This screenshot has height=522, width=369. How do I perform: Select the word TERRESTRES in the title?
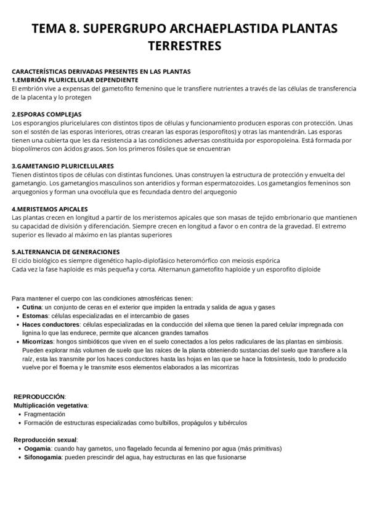[184, 46]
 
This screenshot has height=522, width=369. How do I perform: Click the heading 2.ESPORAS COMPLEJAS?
[46, 114]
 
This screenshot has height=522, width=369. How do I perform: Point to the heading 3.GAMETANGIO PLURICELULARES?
[62, 166]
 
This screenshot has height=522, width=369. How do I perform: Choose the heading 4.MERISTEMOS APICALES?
[49, 209]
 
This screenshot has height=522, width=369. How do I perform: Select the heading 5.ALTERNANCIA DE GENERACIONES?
[65, 252]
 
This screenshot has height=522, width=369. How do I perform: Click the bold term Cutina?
[32, 307]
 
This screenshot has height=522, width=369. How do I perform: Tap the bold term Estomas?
[35, 316]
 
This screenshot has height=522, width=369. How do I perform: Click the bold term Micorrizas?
[38, 342]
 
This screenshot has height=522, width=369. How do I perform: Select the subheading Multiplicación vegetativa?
[51, 406]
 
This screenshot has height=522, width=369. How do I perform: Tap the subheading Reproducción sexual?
[45, 440]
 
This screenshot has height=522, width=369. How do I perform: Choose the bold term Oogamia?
[36, 449]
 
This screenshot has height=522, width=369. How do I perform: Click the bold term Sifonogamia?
[41, 457]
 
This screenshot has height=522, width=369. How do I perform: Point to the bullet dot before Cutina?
[17, 307]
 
